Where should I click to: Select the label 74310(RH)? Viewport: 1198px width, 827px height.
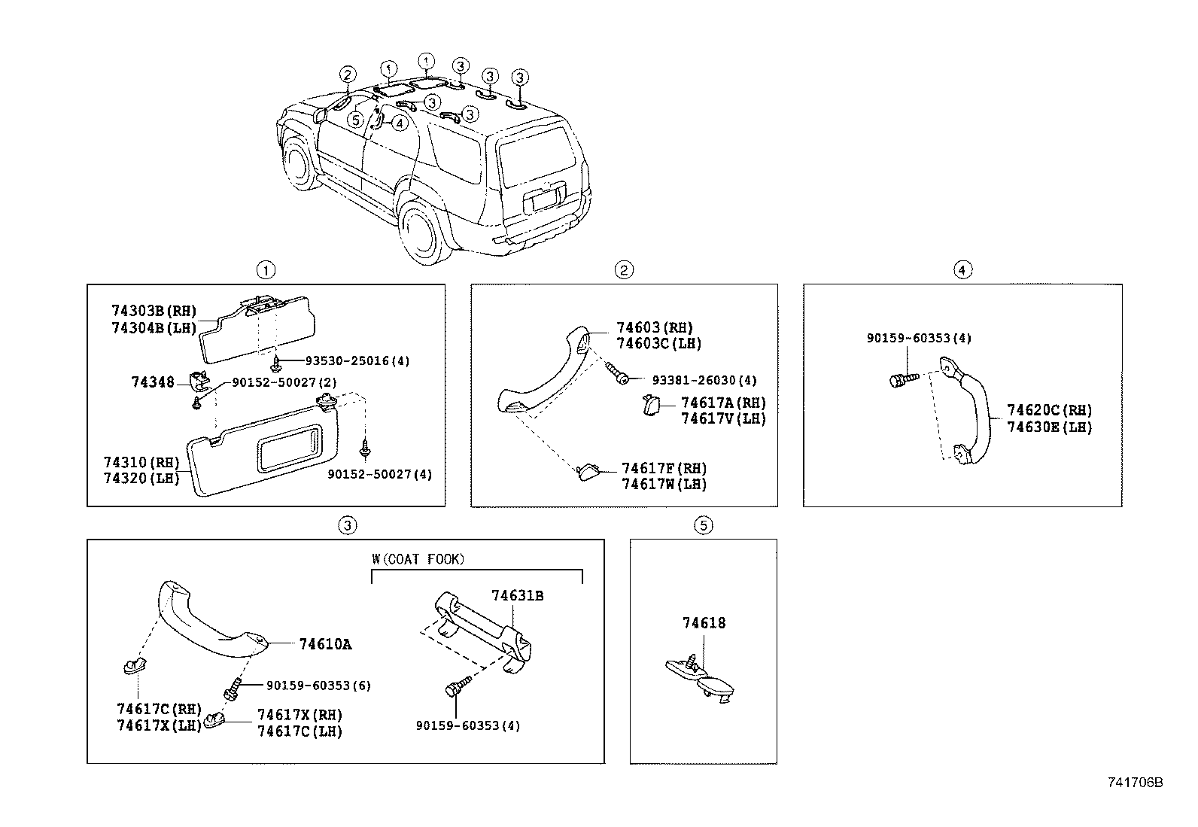(140, 463)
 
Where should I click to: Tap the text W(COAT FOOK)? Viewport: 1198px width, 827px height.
(418, 559)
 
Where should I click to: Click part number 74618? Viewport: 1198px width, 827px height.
(704, 623)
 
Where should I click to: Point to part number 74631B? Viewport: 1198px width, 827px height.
(518, 596)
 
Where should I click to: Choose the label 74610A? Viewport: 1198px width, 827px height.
(325, 644)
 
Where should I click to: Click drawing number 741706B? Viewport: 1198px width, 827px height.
(1135, 783)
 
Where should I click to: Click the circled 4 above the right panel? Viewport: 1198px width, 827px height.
(962, 269)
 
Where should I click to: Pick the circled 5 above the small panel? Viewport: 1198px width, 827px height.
(703, 525)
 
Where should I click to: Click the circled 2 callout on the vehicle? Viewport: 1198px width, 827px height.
(347, 74)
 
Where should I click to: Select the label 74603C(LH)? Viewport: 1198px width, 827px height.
(658, 344)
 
